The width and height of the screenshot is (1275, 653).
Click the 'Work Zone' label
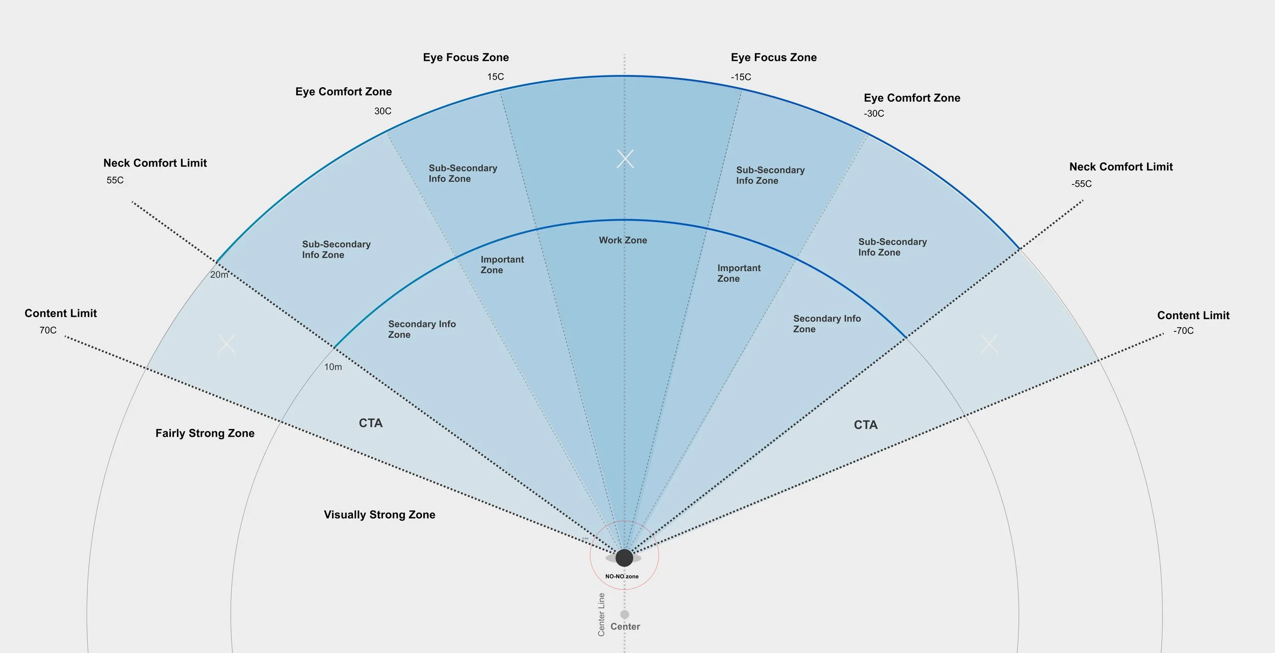click(623, 240)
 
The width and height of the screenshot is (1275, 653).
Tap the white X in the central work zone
click(625, 159)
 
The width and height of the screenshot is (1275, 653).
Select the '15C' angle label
click(495, 77)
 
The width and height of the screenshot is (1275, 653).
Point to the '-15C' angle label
click(741, 77)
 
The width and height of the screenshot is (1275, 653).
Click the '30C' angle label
click(382, 111)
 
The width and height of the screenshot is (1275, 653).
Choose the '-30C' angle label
click(874, 113)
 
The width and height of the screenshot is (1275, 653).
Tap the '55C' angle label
click(115, 180)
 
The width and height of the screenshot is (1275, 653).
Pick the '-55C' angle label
click(1081, 184)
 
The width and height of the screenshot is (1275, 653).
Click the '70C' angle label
click(48, 330)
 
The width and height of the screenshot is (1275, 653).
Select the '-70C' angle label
click(1183, 331)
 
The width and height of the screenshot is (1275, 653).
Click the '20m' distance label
click(219, 275)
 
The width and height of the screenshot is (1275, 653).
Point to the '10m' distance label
click(333, 367)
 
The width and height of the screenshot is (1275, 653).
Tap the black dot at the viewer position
click(624, 558)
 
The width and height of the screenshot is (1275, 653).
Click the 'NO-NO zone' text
click(622, 576)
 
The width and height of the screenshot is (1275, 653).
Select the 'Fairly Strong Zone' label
click(205, 433)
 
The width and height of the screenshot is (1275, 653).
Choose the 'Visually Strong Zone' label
click(379, 515)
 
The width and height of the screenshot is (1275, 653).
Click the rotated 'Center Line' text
click(601, 614)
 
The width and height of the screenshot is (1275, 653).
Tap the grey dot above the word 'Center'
click(624, 614)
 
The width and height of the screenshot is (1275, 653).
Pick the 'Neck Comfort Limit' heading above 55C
click(155, 163)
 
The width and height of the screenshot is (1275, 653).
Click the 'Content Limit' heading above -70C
click(1193, 315)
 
